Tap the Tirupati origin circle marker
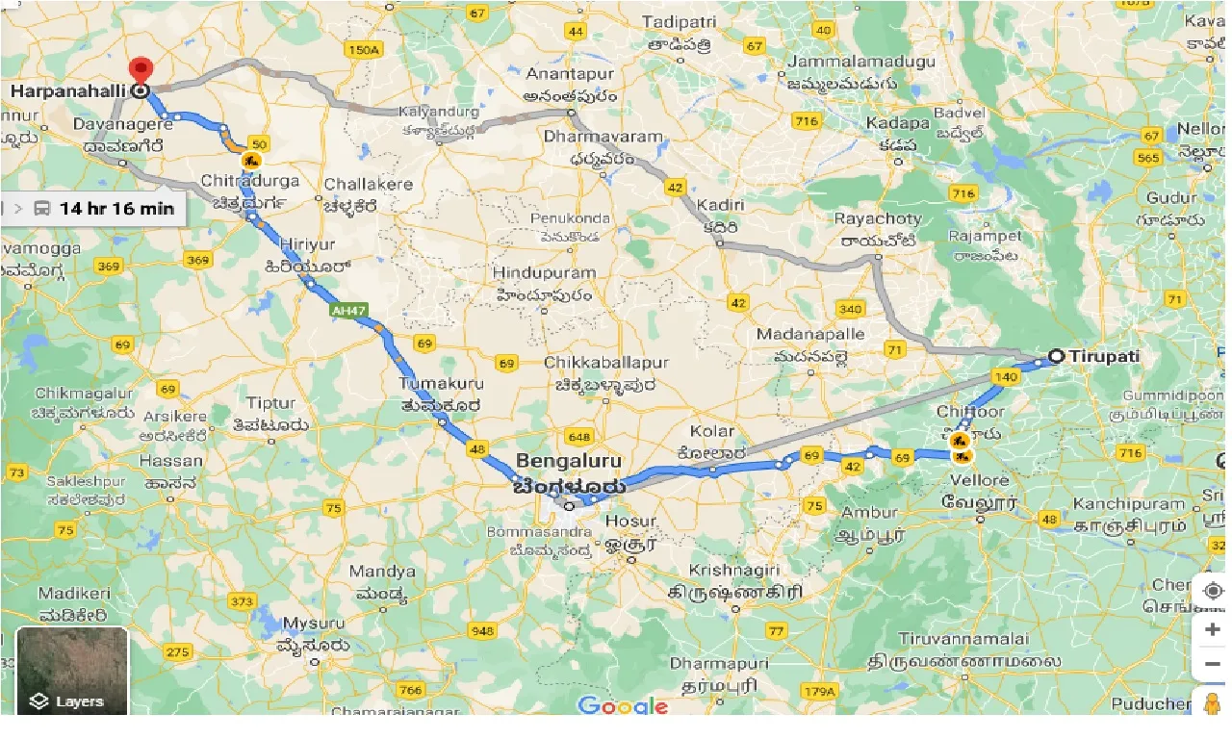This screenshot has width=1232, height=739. point(1056,356)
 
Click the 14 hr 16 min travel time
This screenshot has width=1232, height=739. point(116,208)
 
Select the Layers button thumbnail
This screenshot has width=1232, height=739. point(72,671)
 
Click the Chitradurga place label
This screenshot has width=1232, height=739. point(250,181)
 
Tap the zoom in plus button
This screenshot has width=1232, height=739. point(1212,629)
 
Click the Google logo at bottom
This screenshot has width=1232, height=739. point(623,705)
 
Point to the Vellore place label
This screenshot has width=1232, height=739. point(980,480)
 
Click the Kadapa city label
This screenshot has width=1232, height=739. point(897,123)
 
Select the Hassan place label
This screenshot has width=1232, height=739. point(170,460)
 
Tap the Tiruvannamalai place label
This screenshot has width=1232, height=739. point(964,639)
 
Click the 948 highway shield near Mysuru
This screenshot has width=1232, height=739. point(482,631)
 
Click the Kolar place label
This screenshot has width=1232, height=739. point(710,431)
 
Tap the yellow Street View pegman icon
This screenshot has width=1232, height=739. point(1212,702)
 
